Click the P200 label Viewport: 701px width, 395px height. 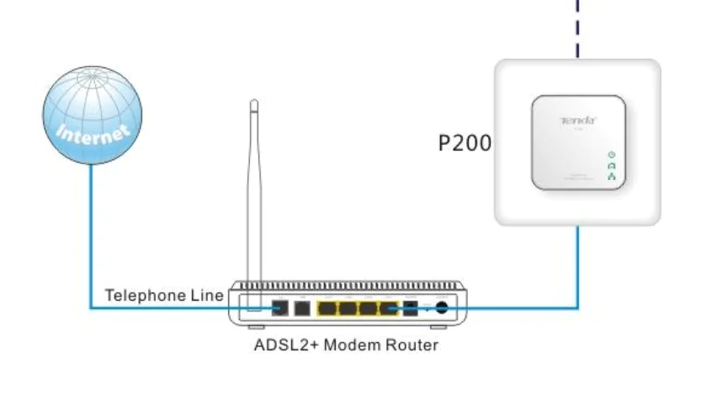465,142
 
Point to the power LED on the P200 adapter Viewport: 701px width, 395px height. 612,155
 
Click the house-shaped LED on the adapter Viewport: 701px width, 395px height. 612,166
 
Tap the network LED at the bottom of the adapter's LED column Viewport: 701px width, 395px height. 612,177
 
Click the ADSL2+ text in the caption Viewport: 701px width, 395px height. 281,344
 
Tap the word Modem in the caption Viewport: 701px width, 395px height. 343,344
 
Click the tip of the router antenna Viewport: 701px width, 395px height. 253,103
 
